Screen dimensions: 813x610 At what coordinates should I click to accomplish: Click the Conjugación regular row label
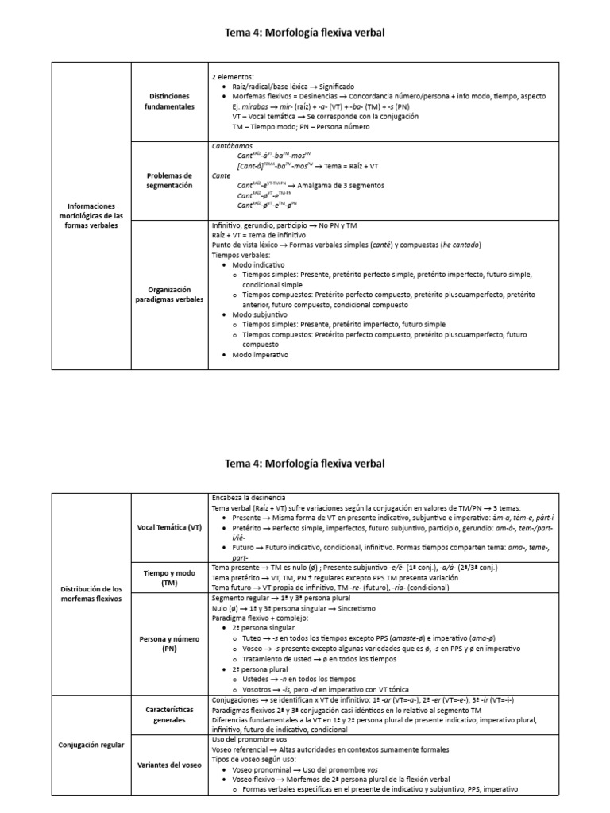(89, 745)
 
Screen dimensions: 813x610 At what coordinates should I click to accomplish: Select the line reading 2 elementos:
(231, 76)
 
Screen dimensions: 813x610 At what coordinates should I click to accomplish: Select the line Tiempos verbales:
(241, 256)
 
